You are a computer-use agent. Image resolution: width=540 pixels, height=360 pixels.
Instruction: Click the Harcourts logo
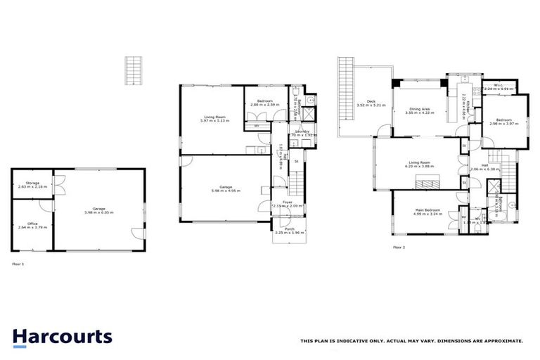pyautogui.click(x=62, y=336)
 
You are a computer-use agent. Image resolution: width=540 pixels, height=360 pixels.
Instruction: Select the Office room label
pyautogui.click(x=32, y=224)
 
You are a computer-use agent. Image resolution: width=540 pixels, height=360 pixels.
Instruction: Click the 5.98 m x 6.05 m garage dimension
pyautogui.click(x=99, y=212)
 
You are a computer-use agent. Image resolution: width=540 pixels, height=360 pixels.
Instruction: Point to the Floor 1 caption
pyautogui.click(x=18, y=264)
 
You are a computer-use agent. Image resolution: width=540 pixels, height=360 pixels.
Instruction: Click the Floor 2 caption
pyautogui.click(x=399, y=247)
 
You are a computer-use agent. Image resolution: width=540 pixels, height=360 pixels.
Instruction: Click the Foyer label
pyautogui.click(x=288, y=202)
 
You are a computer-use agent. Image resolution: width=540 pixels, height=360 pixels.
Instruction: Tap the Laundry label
pyautogui.click(x=303, y=131)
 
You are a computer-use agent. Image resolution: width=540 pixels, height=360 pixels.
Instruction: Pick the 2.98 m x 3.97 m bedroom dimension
pyautogui.click(x=503, y=123)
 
